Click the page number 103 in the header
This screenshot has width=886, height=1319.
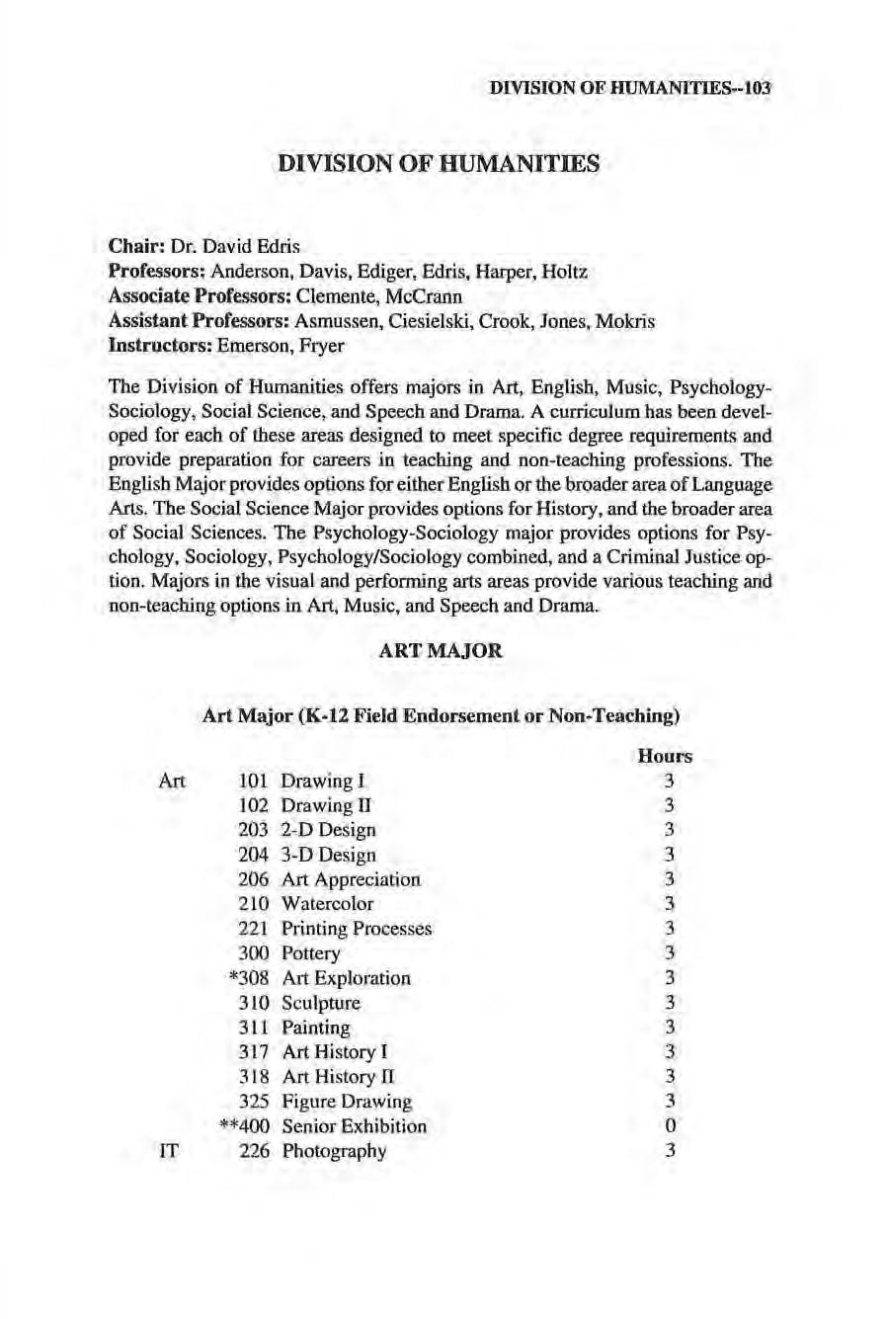(757, 87)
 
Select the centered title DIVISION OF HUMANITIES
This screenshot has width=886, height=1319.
(441, 164)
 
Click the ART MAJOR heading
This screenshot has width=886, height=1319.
(441, 651)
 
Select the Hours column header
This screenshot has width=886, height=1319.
(665, 756)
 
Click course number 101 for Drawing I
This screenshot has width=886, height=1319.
(254, 781)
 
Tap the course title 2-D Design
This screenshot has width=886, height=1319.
(328, 830)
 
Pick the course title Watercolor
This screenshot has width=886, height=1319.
(327, 903)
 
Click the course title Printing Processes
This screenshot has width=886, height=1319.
(357, 929)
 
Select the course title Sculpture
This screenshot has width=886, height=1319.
(321, 1003)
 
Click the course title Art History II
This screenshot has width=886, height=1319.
(338, 1077)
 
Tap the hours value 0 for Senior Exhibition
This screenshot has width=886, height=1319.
(671, 1126)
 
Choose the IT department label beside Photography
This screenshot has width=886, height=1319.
(167, 1151)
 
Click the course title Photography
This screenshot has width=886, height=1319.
(334, 1151)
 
